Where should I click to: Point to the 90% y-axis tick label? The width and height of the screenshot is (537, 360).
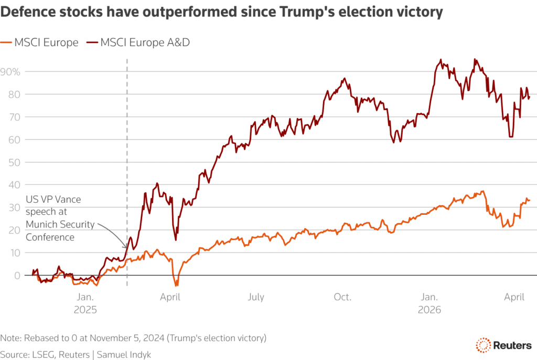click(x=12, y=71)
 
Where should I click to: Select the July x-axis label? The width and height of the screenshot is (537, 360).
click(x=256, y=298)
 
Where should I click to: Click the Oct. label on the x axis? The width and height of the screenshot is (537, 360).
click(x=342, y=298)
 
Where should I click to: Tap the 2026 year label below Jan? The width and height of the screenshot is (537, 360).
click(x=429, y=310)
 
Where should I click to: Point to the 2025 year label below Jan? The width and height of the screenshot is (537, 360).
click(x=85, y=310)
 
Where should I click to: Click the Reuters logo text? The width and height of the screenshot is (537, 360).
click(x=511, y=345)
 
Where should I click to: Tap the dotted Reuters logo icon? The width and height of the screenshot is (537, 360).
click(x=482, y=345)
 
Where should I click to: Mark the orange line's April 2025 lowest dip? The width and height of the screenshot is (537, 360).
click(x=176, y=285)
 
